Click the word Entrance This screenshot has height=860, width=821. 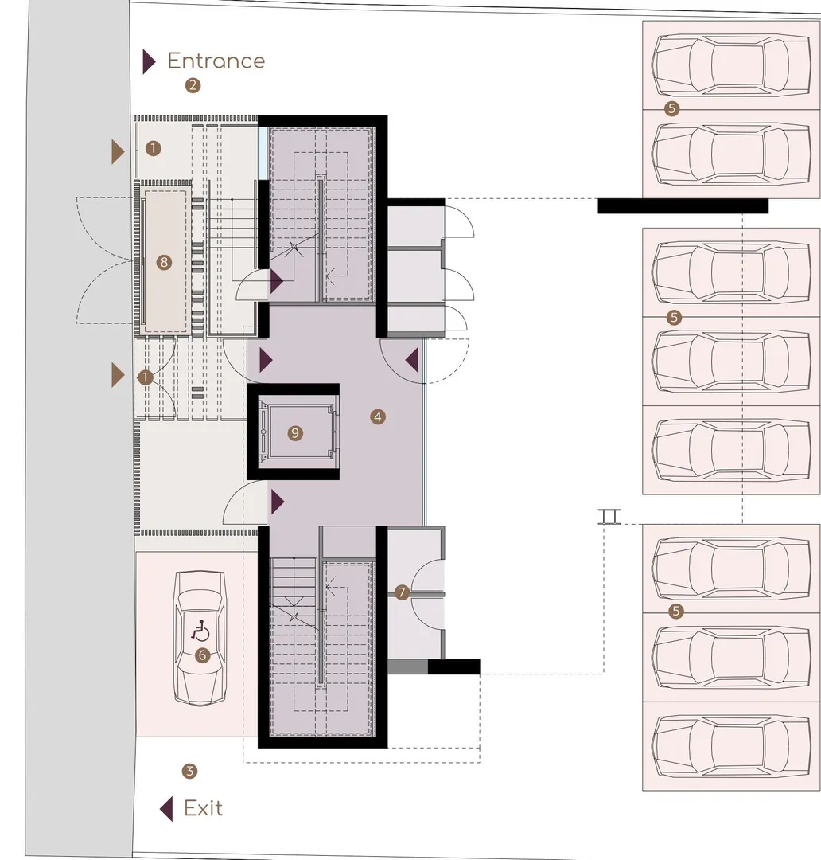tap(216, 61)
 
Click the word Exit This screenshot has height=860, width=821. tap(204, 808)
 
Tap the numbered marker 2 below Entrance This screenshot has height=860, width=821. tap(193, 85)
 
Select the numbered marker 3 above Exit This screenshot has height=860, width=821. tap(189, 771)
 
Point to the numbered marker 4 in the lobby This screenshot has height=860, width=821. tap(377, 416)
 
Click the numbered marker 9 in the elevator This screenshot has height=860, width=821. tap(295, 433)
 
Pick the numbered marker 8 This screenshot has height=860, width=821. tap(163, 262)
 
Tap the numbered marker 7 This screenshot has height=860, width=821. tap(402, 592)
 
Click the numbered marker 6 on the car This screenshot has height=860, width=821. tap(202, 655)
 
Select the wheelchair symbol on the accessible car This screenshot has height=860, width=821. tap(200, 631)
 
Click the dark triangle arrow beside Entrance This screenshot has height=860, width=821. tap(149, 61)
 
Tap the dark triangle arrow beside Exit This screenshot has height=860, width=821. tap(166, 808)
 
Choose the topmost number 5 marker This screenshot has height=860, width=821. tap(672, 108)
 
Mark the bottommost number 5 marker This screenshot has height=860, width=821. tap(675, 611)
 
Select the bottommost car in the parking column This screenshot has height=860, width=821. tap(731, 746)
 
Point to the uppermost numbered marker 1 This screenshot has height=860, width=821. tap(153, 148)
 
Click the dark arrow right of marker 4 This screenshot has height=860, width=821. tap(412, 361)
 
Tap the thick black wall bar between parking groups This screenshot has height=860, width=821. tap(683, 205)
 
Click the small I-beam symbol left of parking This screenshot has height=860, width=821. tap(609, 517)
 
